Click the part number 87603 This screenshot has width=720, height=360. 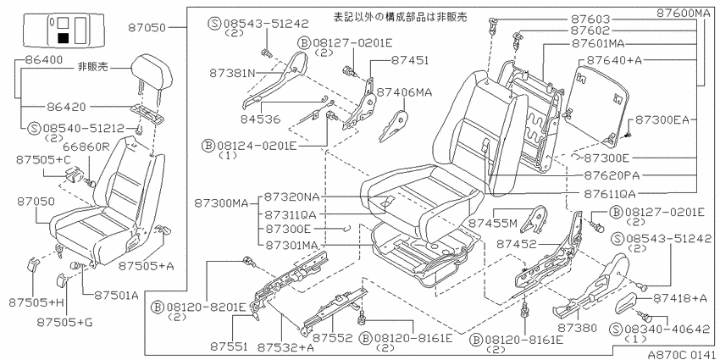[x=590, y=19]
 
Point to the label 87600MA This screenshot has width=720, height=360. [x=683, y=13]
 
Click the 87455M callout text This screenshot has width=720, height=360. [x=493, y=224]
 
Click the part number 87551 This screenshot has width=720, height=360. [x=230, y=345]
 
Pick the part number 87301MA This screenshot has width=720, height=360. [x=291, y=245]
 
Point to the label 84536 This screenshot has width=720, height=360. [x=260, y=119]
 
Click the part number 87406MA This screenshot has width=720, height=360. [x=405, y=92]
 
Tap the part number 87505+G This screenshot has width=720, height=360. [x=66, y=323]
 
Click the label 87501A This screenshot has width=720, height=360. [x=116, y=296]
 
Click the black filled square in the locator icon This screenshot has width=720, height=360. [x=63, y=38]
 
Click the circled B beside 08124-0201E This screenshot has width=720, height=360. [x=208, y=146]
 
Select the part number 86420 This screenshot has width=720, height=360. [x=66, y=107]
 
